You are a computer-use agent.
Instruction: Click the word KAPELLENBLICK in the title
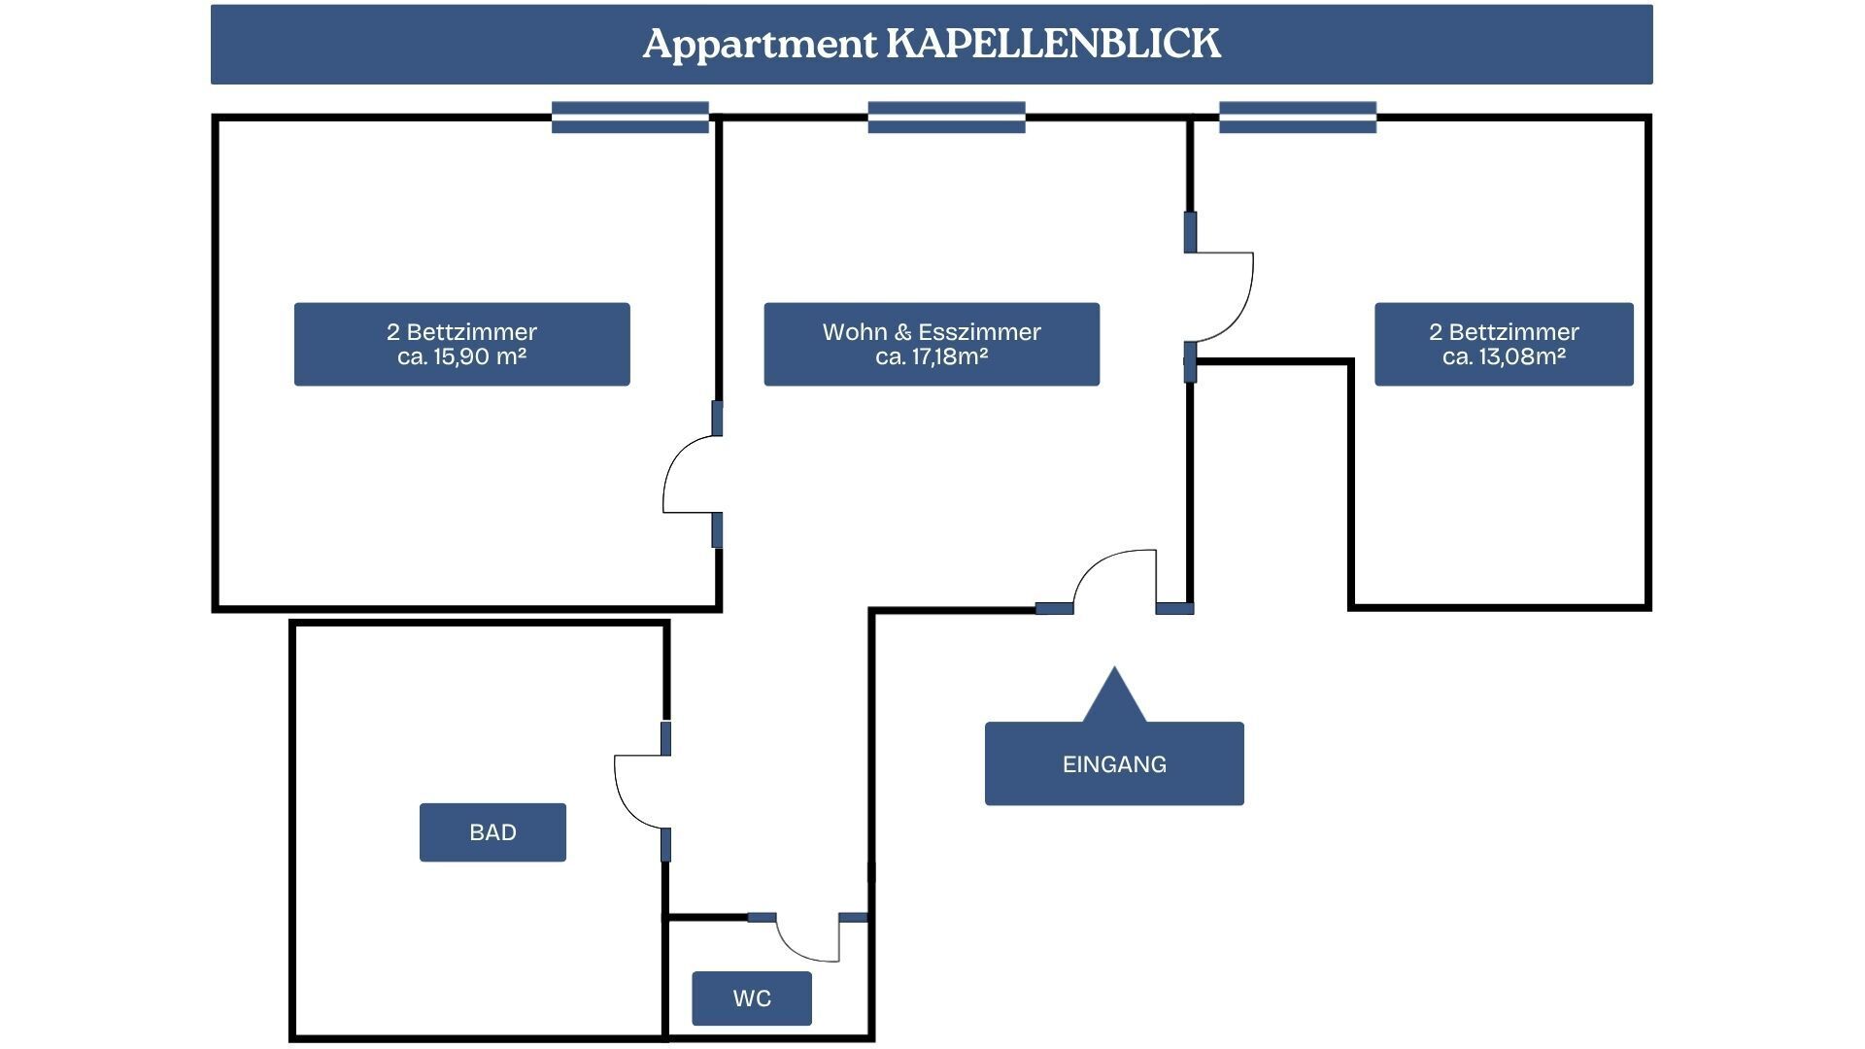(x=1054, y=44)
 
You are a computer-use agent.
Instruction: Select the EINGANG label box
(x=1114, y=763)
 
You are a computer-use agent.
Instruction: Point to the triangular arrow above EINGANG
(x=1114, y=695)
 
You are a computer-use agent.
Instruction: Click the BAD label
(x=492, y=832)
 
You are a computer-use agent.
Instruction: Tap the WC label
(x=752, y=998)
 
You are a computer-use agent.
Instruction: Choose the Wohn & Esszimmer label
(x=932, y=332)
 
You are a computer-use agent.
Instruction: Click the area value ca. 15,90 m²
(x=461, y=357)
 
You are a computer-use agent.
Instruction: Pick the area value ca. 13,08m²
(x=1504, y=357)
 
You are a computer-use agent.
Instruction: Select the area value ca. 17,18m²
(x=932, y=357)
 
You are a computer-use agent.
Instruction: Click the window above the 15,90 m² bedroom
(x=630, y=118)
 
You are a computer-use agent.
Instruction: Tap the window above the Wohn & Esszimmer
(x=947, y=118)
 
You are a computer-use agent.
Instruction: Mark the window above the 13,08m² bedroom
(x=1298, y=118)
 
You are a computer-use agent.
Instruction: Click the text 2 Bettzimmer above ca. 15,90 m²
(x=461, y=332)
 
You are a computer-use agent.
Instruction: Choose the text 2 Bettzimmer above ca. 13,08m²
(x=1504, y=332)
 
